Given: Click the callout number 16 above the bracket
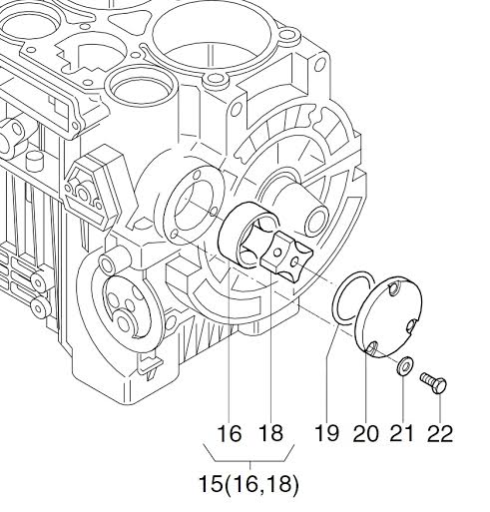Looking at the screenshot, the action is pyautogui.click(x=230, y=433).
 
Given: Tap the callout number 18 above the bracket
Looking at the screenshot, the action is pyautogui.click(x=270, y=433).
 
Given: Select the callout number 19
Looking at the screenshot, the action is pyautogui.click(x=327, y=433).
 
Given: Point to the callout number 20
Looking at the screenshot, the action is pyautogui.click(x=366, y=433).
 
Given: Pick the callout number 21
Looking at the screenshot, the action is pyautogui.click(x=402, y=433).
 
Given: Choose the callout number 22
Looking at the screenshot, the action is pyautogui.click(x=440, y=433).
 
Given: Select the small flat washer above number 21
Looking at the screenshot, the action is pyautogui.click(x=403, y=366).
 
